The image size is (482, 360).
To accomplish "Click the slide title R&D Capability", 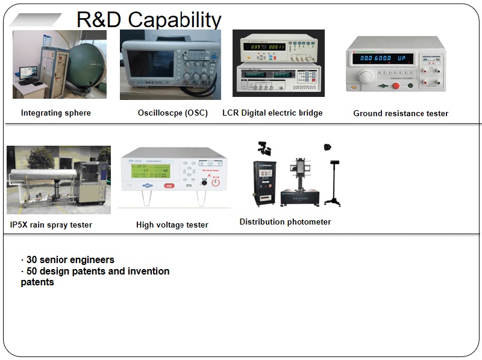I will tap(149, 19).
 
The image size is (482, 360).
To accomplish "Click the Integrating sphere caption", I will tap(56, 113).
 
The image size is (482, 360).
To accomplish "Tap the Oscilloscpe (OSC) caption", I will tap(173, 113).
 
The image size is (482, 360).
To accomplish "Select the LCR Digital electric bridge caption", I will tap(272, 113).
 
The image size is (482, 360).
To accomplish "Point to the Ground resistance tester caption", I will tap(401, 113).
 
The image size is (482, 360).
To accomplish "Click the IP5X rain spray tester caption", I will tap(51, 225).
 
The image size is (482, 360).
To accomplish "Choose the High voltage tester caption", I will tap(172, 225).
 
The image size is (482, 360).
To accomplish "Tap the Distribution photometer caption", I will tap(285, 222).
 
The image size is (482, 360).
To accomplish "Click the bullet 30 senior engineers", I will tap(67, 260).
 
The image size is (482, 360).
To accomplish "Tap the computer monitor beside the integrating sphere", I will tap(28, 73).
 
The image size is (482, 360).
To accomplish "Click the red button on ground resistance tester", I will tap(396, 85).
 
